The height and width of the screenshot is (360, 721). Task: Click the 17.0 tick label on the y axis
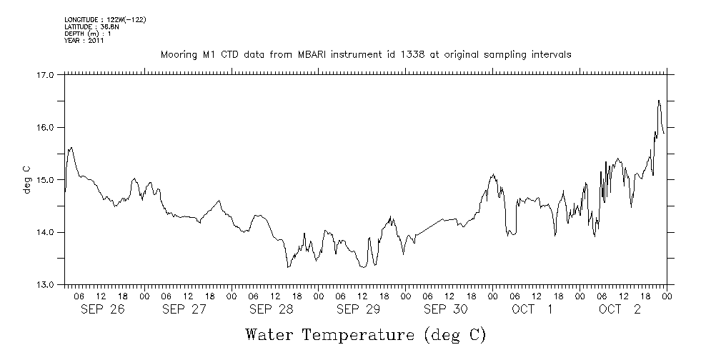45,74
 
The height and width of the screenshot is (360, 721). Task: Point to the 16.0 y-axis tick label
45,127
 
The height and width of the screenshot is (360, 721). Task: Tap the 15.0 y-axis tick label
45,179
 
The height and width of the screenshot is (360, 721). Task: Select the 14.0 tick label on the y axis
45,232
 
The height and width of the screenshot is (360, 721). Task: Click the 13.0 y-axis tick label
45,284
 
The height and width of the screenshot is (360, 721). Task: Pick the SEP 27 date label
184,309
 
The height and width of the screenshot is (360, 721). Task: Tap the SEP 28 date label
271,309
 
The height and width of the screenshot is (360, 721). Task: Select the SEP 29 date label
358,309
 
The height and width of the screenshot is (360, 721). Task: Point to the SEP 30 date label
445,309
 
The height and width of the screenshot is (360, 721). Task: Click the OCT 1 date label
532,309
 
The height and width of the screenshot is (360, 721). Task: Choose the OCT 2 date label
620,309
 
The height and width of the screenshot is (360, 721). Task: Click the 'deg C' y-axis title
27,179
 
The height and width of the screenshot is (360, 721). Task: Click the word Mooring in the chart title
178,55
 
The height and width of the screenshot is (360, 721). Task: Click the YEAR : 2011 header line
84,41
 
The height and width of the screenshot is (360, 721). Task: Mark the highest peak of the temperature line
658,101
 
